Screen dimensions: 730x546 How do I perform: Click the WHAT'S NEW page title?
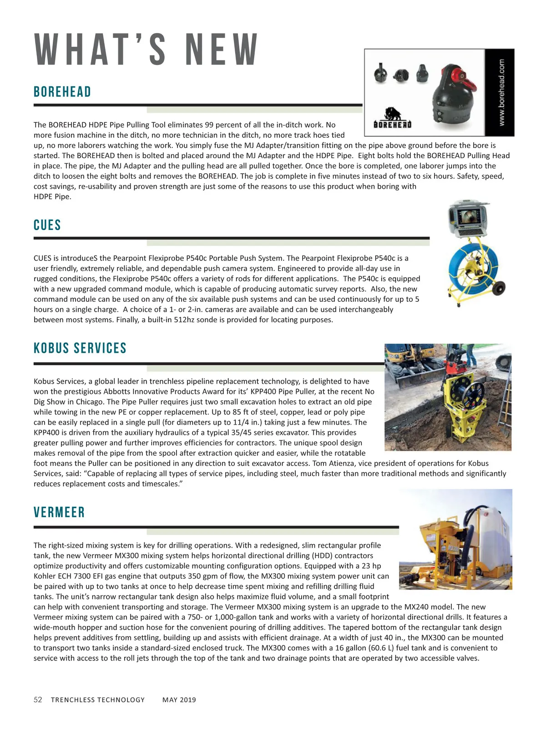coord(146,49)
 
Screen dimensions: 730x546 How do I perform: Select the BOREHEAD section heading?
coord(62,92)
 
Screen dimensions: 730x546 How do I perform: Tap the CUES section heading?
coord(47,225)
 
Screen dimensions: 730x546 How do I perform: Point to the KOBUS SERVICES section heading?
coord(80,348)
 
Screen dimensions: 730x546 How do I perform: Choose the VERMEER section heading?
coord(59,512)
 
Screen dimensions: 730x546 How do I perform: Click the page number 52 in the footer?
coord(38,700)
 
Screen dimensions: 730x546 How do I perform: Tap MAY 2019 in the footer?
coord(179,700)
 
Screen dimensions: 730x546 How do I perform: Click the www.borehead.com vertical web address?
coord(501,92)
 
